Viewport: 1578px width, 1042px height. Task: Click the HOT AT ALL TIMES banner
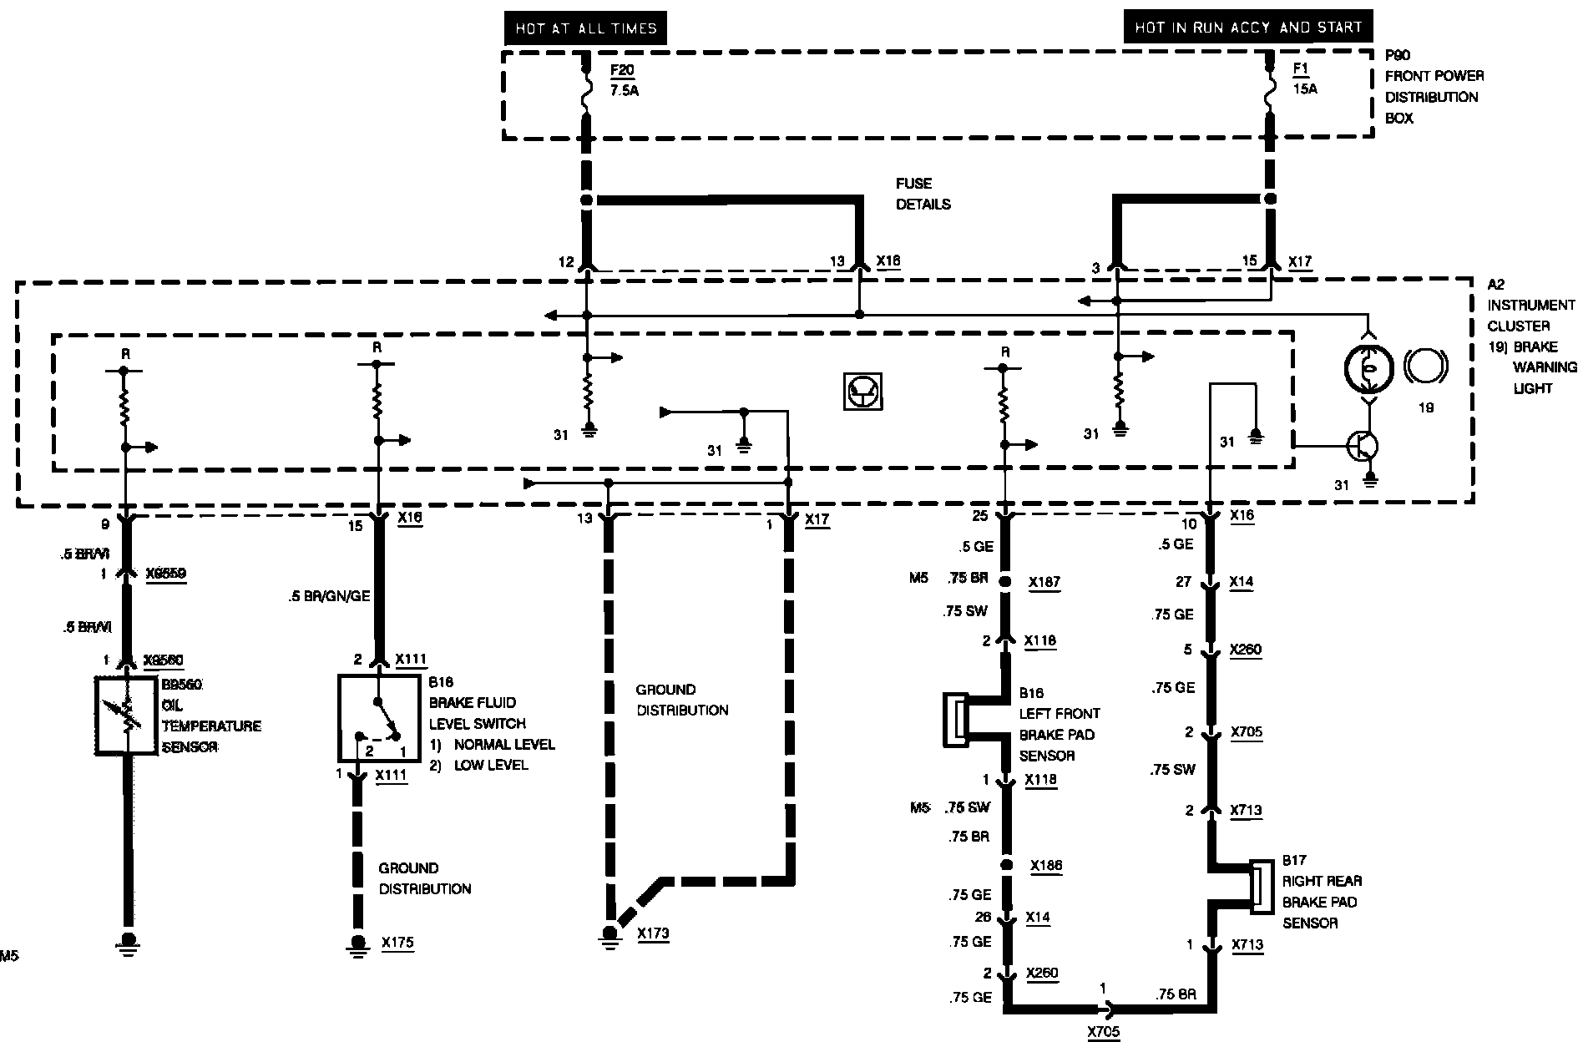(585, 28)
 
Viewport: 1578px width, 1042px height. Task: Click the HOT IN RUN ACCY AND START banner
(1247, 28)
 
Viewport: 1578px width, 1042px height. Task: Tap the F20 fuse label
(621, 69)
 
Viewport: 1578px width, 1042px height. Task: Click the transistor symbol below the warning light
(1363, 447)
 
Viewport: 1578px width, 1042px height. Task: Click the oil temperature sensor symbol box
(127, 716)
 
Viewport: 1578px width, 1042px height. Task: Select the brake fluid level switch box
(378, 716)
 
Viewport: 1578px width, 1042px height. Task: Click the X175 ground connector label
(397, 943)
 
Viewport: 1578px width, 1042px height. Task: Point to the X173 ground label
(653, 933)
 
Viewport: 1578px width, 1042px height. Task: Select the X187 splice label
(1044, 582)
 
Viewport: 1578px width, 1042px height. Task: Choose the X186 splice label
(1046, 866)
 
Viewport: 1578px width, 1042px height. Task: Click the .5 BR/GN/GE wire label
(328, 596)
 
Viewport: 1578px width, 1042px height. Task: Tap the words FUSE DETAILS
(923, 194)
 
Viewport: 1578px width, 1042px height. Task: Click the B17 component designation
(1294, 860)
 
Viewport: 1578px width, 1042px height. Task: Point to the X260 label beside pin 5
(1247, 650)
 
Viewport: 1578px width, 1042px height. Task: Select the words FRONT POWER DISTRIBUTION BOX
(1434, 97)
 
